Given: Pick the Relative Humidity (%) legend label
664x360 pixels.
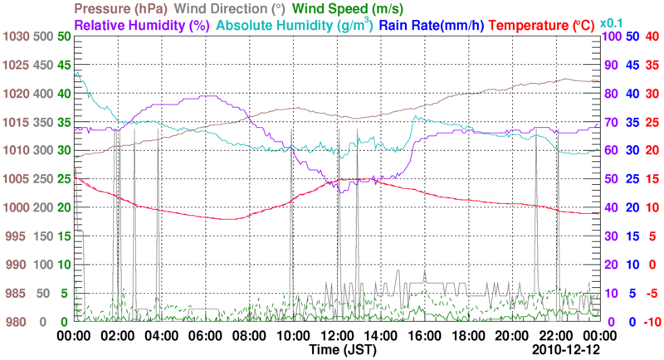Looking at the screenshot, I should [140, 25].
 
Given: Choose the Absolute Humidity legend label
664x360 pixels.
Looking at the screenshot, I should [293, 25].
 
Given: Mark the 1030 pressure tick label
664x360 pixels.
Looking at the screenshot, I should [16, 36].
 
